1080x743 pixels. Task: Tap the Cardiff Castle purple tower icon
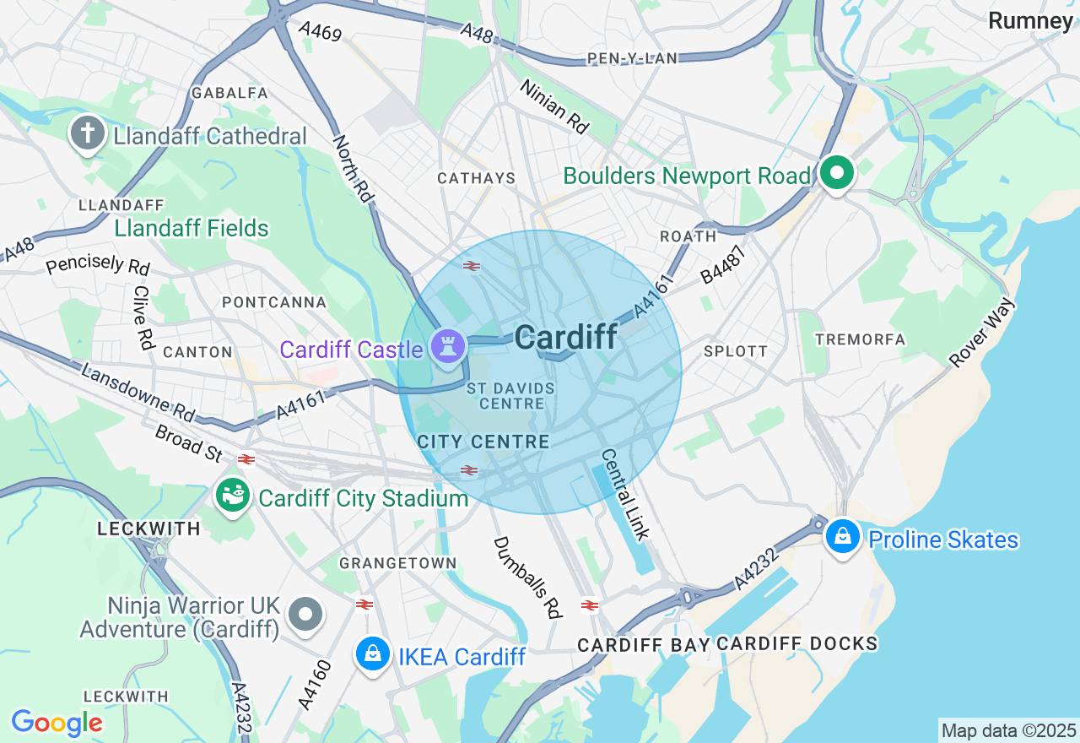click(447, 346)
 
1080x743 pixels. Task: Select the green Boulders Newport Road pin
click(836, 174)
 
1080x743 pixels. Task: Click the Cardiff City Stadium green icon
click(232, 496)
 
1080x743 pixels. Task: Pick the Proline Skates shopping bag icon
click(842, 536)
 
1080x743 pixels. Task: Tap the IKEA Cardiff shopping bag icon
click(372, 654)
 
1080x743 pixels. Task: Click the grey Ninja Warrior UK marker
click(305, 614)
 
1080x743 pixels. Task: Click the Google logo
click(57, 723)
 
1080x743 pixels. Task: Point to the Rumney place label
click(1030, 21)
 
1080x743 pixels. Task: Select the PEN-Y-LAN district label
click(633, 58)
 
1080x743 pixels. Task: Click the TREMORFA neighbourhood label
click(861, 339)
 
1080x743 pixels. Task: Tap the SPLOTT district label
click(736, 351)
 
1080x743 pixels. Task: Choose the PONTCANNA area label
click(274, 302)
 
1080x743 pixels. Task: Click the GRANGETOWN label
click(397, 563)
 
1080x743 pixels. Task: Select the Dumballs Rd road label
click(528, 578)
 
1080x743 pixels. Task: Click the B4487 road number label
click(724, 264)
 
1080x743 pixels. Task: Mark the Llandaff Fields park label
click(192, 229)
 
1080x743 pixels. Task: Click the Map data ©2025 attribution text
click(1009, 730)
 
